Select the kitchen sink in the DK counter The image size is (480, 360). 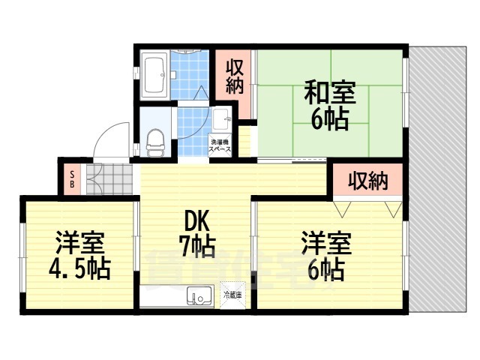coord(199,298)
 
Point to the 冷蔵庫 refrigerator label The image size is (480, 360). coord(232,295)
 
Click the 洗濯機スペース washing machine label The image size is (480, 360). coord(219,146)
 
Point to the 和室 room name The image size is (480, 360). coord(330,94)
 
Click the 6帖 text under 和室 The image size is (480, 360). coord(330,120)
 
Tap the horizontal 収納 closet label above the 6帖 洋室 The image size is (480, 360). coord(368,180)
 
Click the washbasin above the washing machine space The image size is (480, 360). coord(223,120)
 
